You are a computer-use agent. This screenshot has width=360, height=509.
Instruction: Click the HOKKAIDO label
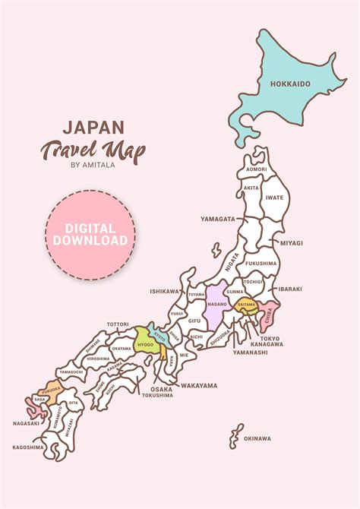coord(290,84)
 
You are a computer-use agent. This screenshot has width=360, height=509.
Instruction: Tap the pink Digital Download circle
coord(90,234)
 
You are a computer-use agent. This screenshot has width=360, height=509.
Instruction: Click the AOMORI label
coord(257,169)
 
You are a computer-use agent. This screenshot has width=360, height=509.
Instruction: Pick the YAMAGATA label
coord(218,219)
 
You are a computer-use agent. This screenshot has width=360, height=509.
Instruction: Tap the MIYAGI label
coord(292,243)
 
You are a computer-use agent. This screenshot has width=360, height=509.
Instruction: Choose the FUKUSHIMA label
coord(261,263)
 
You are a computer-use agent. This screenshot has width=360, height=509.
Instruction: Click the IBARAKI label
coord(290,289)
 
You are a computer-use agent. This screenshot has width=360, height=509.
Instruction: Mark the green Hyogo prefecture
coord(145,341)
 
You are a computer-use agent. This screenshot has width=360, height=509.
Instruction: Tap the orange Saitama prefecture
coord(246,304)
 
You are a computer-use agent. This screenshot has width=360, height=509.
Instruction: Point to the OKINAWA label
coord(257,438)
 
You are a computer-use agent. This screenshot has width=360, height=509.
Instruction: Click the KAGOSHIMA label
coord(28,447)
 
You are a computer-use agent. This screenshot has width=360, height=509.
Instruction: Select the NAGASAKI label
coord(26,422)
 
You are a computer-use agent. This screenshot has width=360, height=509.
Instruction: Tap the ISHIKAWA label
coord(164,291)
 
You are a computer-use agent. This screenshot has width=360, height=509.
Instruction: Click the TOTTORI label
coord(118,324)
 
